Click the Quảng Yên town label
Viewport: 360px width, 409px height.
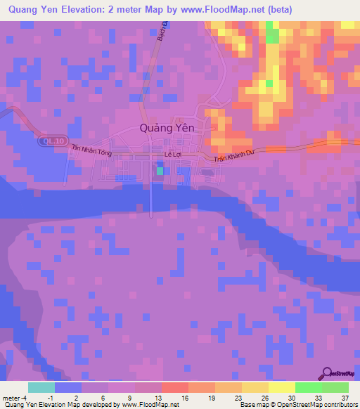point(167,128)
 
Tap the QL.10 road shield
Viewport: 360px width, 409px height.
point(46,141)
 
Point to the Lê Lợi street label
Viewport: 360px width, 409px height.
point(172,153)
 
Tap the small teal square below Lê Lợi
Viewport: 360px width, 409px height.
point(160,171)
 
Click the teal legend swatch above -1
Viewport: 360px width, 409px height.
point(41,387)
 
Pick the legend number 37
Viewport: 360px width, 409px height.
point(344,396)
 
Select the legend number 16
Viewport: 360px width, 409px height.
point(184,396)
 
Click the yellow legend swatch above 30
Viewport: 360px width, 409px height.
point(281,387)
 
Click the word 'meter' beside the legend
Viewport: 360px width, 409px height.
point(11,396)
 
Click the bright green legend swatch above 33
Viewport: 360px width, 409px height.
point(308,387)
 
